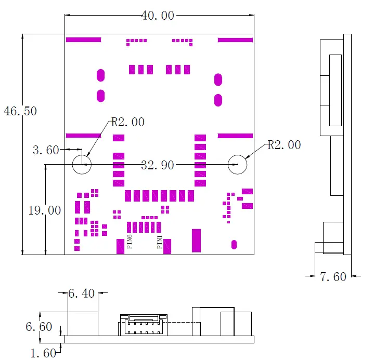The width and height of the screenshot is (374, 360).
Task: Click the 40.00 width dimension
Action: point(158,16)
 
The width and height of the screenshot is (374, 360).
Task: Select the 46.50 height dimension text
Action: point(20,111)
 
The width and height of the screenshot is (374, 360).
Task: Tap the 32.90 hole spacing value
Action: point(158,165)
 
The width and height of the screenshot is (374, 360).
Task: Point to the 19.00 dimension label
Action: point(44,210)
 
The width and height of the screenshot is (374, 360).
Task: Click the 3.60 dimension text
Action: point(46,150)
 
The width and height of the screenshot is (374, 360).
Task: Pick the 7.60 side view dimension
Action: point(333,277)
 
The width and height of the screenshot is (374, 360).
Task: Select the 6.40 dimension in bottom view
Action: point(82,294)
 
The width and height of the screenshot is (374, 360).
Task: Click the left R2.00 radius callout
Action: point(128,123)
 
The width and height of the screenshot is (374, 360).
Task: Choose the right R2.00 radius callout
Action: point(284,145)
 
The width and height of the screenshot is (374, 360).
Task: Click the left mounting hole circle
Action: point(82,165)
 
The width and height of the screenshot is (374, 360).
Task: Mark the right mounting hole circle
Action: point(237,165)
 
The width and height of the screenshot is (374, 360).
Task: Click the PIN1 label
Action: point(160,243)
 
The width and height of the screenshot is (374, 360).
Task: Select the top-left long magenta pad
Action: point(83,39)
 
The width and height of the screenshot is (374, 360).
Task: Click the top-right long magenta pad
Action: point(235,39)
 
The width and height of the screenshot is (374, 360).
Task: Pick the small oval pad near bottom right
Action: point(234,244)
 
